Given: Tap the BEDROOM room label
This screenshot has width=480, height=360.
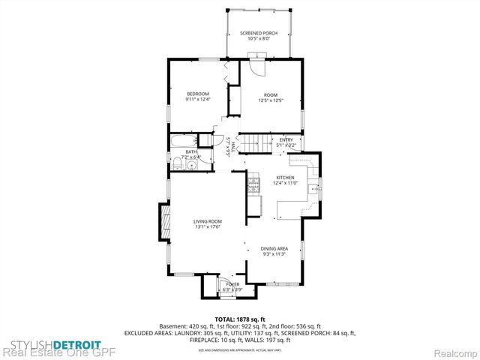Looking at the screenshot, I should (198, 93).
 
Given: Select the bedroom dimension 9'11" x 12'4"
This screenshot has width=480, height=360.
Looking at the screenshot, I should (198, 99).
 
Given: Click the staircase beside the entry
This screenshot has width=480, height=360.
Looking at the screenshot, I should (259, 142).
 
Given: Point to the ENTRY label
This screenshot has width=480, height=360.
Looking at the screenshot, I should (286, 139).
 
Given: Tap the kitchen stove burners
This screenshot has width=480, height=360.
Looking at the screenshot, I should (255, 183).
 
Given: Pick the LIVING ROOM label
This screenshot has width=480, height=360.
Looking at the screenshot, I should (208, 221).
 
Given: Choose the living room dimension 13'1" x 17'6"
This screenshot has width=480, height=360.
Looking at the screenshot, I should (208, 227).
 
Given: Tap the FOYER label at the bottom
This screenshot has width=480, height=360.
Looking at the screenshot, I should (232, 284).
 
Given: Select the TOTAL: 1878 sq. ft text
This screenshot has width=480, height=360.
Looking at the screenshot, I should (239, 319).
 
